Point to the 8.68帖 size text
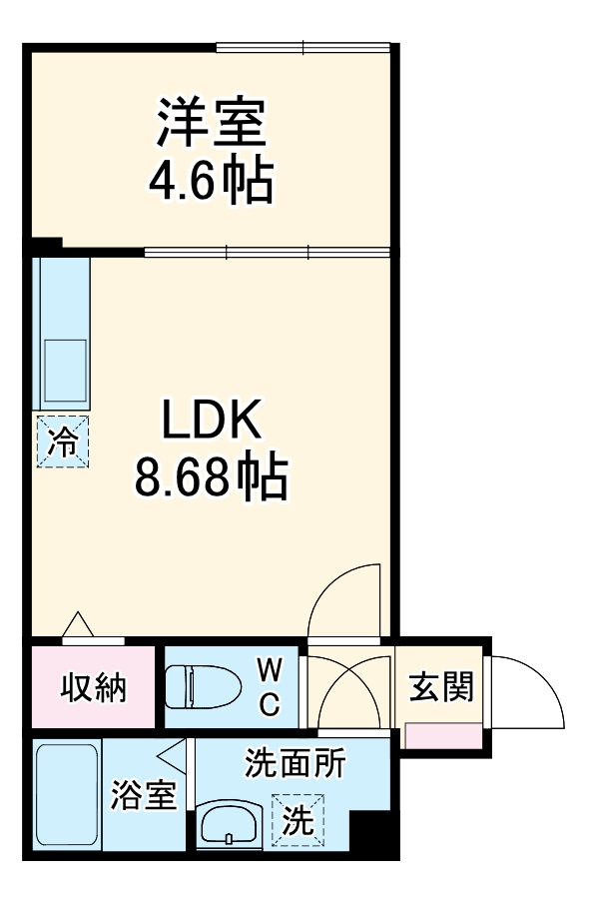click(212, 478)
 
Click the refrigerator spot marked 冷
click(62, 441)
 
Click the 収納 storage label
click(94, 687)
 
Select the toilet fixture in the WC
click(204, 688)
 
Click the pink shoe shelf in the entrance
click(443, 733)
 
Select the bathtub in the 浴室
click(65, 794)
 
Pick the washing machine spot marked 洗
click(298, 818)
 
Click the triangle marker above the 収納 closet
click(78, 624)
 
